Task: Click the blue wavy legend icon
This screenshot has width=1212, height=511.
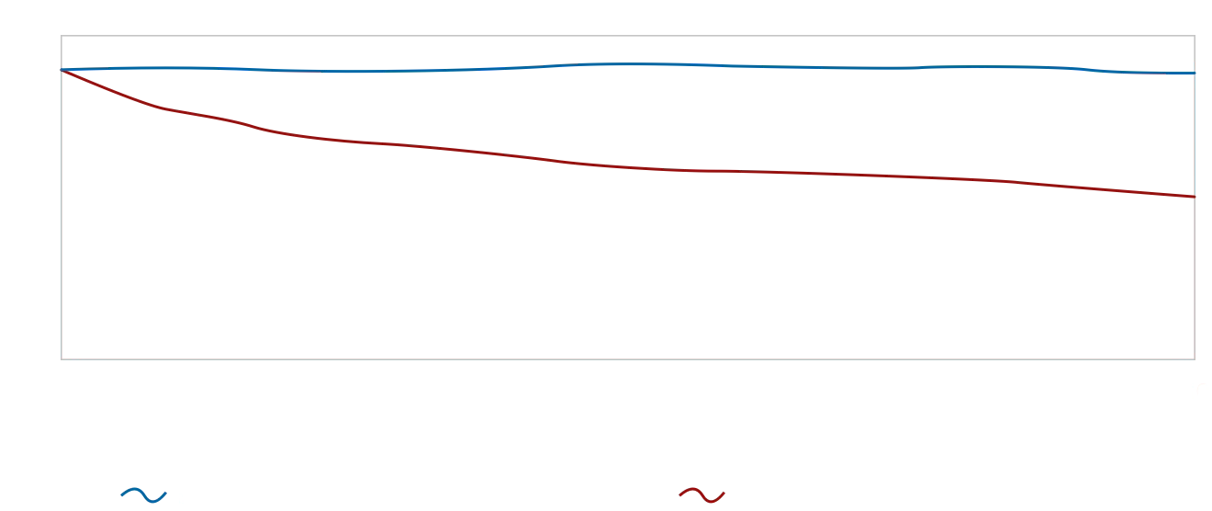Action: point(147,496)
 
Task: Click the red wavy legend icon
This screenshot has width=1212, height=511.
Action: point(704,496)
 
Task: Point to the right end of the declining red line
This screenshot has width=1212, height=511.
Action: point(1192,195)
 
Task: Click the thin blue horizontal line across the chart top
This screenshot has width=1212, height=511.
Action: point(624,68)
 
